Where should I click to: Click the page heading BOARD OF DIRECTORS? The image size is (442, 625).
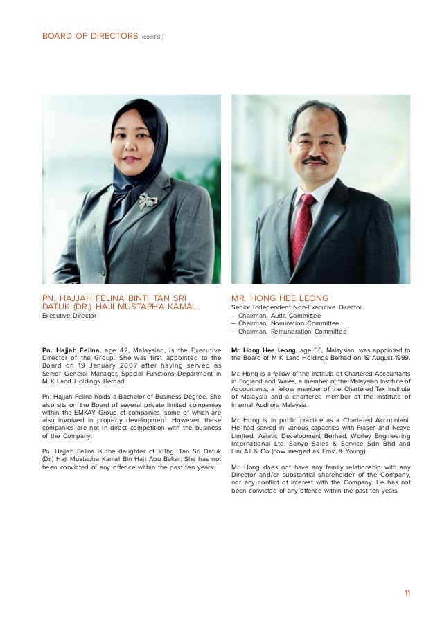(89, 33)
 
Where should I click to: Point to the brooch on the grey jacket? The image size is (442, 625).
(148, 201)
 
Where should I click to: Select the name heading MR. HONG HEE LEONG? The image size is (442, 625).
(280, 298)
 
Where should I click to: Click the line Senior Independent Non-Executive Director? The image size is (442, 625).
(297, 307)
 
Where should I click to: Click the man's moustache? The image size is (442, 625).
(315, 160)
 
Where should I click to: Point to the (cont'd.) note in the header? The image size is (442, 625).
(153, 33)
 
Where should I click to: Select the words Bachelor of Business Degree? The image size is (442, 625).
(147, 397)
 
